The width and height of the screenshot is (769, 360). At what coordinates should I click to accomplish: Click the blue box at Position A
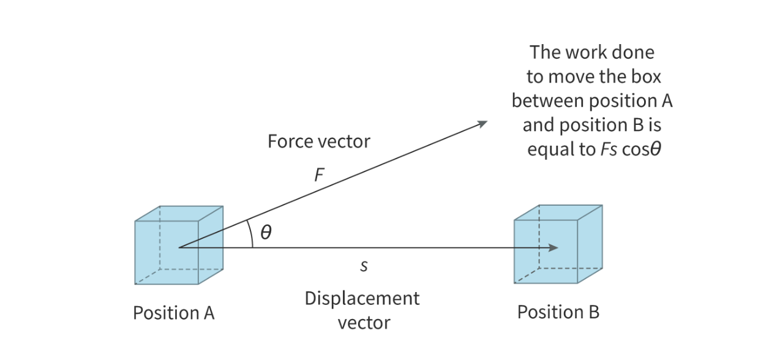178,246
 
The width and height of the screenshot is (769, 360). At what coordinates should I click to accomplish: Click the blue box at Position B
557,244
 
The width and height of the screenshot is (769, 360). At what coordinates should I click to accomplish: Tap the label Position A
174,313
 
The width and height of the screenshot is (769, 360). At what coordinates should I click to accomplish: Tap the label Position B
558,312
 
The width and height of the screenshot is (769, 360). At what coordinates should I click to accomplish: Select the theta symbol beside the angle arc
266,233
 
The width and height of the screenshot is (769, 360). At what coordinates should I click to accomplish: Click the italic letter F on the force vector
318,176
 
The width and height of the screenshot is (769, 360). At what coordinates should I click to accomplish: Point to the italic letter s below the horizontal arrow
364,267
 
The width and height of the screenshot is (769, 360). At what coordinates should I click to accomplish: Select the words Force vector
318,141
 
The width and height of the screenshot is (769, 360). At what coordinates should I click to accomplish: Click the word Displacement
362,299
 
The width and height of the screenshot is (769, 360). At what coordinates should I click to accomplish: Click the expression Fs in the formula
609,150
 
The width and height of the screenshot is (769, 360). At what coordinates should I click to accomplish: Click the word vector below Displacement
364,323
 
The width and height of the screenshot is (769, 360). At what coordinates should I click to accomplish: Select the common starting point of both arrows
179,248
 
